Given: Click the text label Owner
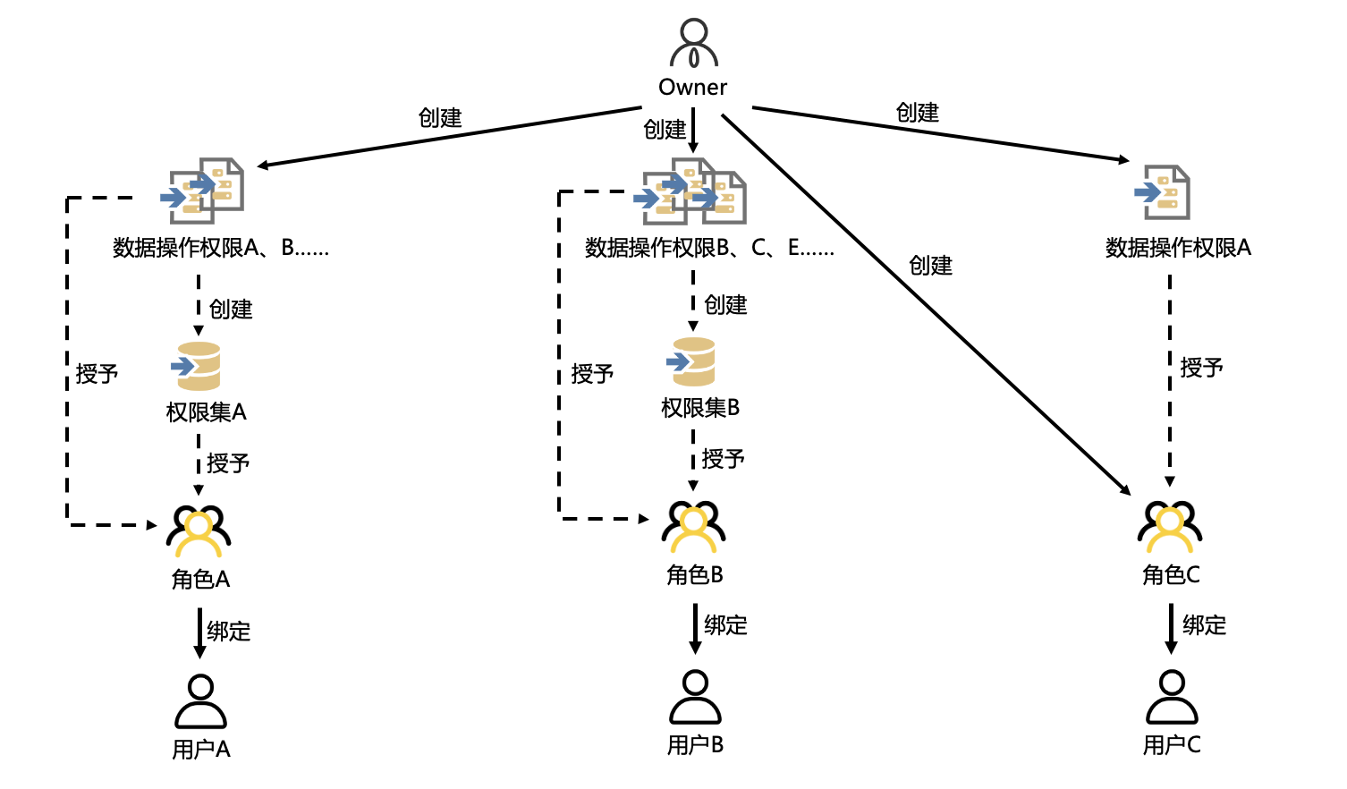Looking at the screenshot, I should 693,88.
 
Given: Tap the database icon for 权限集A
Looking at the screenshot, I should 198,366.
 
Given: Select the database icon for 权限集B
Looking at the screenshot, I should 692,361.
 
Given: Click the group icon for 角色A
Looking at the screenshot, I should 199,530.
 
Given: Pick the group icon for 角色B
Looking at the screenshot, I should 693,526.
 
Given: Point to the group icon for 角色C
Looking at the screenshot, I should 1170,526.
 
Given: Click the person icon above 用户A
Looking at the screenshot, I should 200,701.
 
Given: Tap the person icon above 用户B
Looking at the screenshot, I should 695,697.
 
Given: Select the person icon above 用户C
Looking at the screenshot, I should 1172,697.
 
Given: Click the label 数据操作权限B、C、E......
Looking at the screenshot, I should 708,248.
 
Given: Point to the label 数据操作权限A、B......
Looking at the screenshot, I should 220,248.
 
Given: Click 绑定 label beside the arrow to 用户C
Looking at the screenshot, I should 1204,625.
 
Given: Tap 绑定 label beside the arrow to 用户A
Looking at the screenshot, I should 229,632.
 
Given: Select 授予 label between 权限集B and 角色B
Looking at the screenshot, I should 723,459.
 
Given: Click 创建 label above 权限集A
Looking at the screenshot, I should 231,310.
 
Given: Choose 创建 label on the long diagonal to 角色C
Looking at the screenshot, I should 930,266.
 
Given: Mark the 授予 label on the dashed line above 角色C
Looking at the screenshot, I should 1201,368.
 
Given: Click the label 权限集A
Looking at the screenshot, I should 206,412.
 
